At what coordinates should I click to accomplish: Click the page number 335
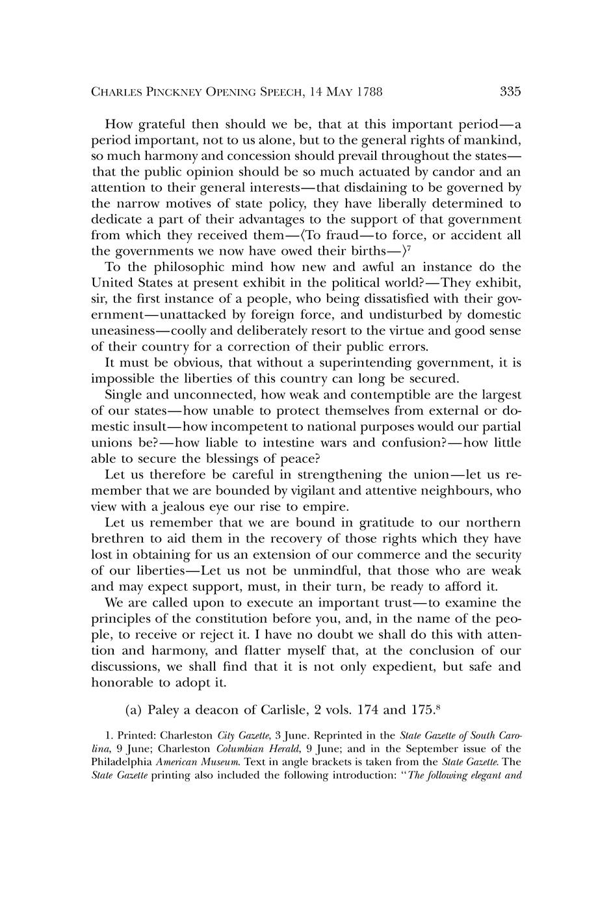tap(510, 92)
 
